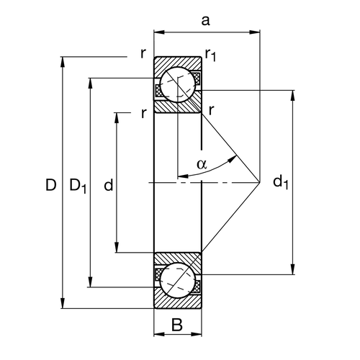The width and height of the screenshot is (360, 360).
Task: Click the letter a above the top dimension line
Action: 205,20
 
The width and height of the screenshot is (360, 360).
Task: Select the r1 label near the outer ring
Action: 211,53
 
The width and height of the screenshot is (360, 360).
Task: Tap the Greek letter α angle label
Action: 202,164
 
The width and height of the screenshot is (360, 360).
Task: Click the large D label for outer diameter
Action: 50,186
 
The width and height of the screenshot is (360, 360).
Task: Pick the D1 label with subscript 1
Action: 78,186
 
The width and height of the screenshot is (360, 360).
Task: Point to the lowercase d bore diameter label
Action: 108,186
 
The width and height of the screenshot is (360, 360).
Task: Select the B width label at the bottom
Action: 177,325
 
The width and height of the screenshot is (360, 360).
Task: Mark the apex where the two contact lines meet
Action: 259,183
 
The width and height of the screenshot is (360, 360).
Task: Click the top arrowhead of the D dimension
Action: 65,60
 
